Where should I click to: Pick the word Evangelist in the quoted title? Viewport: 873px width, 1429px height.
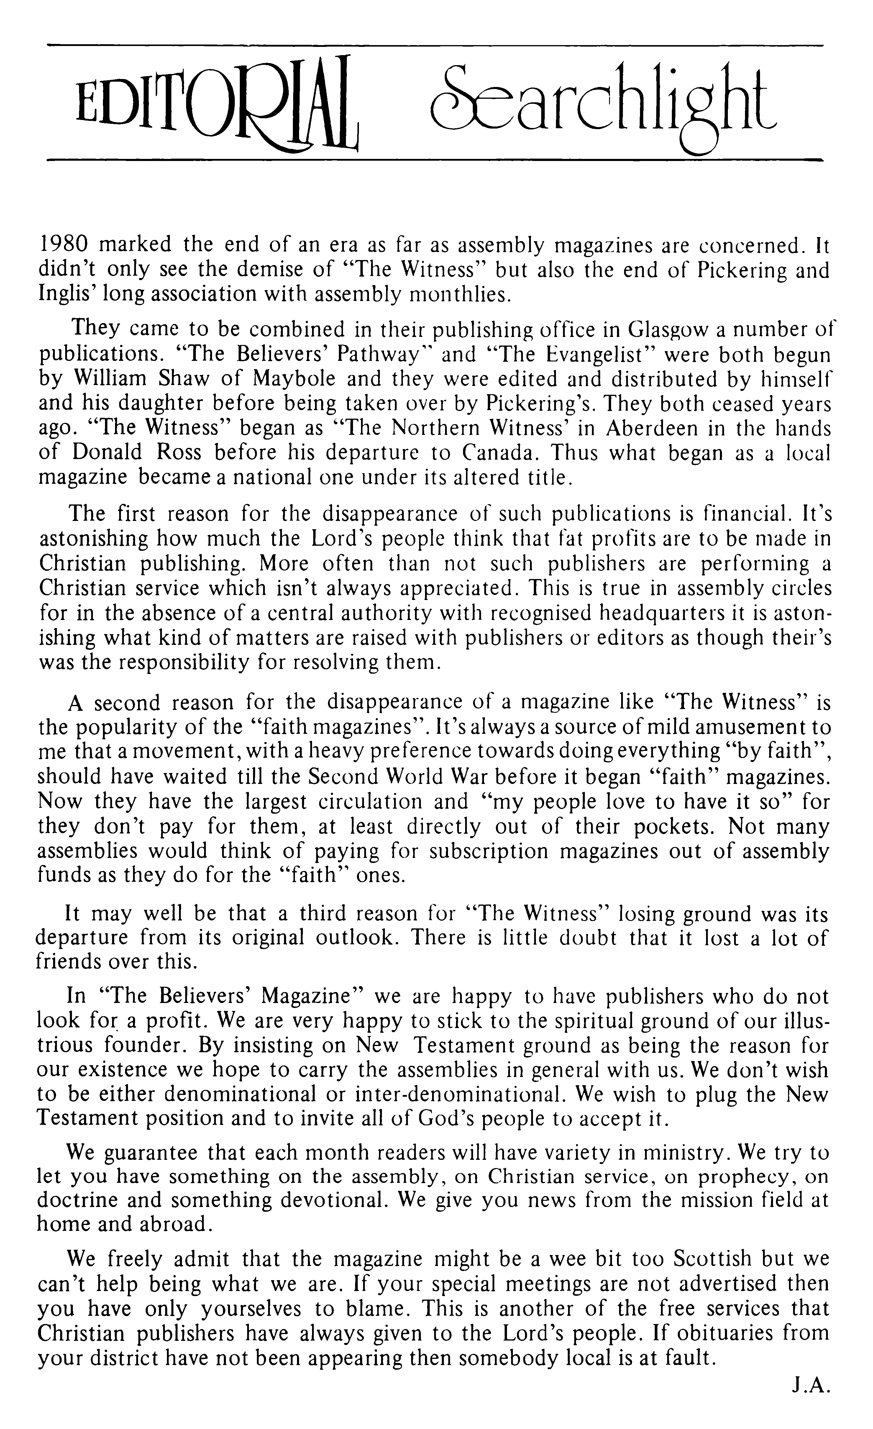[x=589, y=354]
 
